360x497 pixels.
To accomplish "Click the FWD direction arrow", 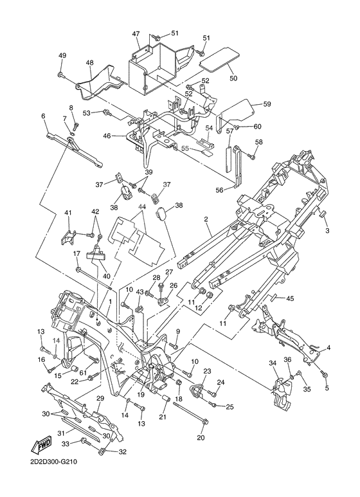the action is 41,446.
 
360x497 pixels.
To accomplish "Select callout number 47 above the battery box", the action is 136,33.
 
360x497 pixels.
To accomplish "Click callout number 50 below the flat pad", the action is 233,78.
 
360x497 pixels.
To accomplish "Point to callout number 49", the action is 62,55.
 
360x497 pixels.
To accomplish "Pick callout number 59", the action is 267,104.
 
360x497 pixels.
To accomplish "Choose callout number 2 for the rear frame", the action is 206,219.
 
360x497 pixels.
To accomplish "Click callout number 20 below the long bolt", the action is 201,438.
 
